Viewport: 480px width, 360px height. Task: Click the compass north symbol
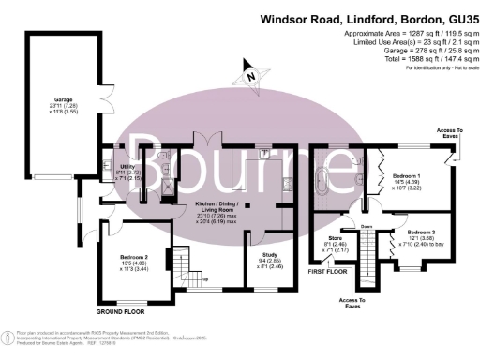(x=249, y=74)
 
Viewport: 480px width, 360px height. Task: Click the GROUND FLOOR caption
(x=123, y=310)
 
